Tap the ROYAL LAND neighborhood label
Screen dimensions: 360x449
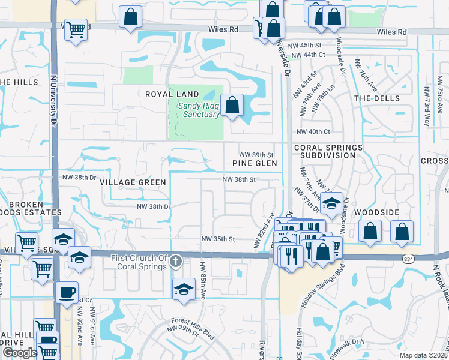172,94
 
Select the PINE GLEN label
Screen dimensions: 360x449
255,163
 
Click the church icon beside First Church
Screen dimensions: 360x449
175,260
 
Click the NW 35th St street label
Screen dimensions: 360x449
217,239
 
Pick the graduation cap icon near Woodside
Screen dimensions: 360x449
331,203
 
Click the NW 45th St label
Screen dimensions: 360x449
316,45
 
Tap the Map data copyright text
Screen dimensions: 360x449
423,355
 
